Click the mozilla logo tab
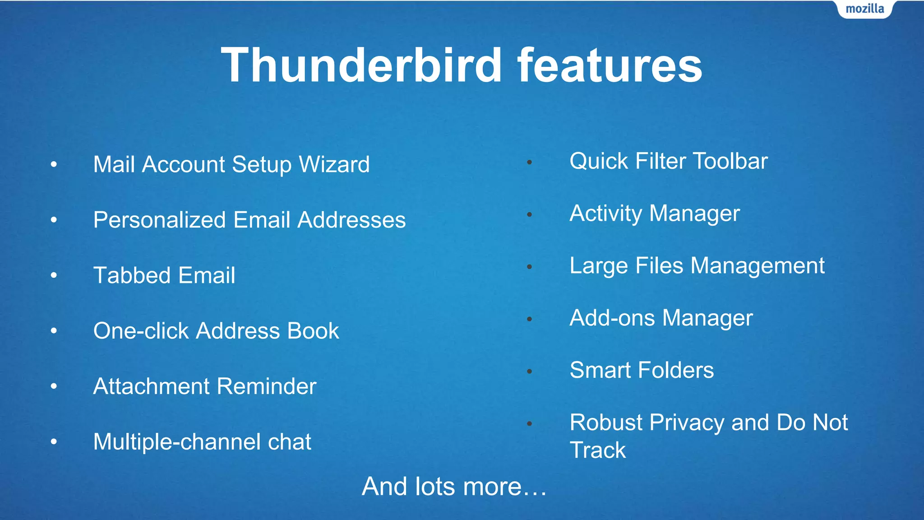tap(864, 9)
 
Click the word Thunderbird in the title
tap(361, 65)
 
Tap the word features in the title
tap(610, 65)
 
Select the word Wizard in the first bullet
tap(334, 164)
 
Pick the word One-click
tap(141, 331)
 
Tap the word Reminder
tap(268, 386)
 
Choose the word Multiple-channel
tap(177, 442)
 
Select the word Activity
tap(605, 214)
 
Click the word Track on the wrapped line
tap(597, 450)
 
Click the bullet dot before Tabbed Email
tap(54, 275)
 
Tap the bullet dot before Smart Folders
tap(530, 371)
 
